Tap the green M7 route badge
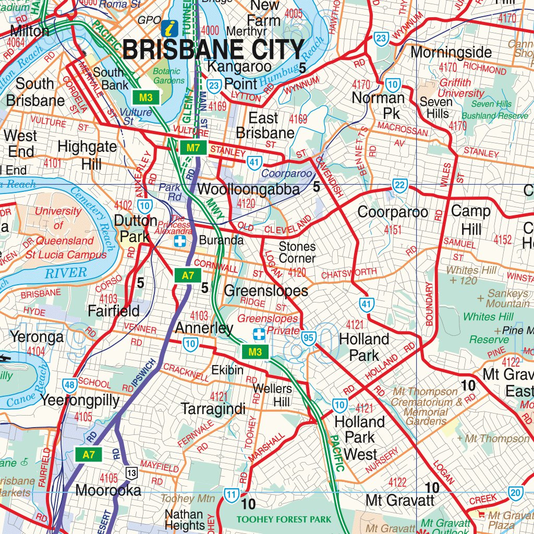click(x=193, y=148)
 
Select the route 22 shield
click(x=399, y=186)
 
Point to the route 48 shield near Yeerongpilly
click(x=69, y=385)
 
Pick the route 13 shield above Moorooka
click(x=130, y=473)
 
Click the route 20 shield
click(x=516, y=493)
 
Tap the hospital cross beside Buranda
click(x=180, y=241)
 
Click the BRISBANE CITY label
click(x=213, y=50)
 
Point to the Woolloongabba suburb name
click(x=249, y=189)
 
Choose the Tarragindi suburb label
click(x=213, y=409)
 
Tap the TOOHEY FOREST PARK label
click(x=284, y=519)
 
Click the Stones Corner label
click(x=297, y=252)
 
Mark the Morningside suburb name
click(x=451, y=52)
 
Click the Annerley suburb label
click(x=203, y=328)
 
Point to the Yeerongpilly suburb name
click(x=80, y=400)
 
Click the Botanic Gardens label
click(x=169, y=76)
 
